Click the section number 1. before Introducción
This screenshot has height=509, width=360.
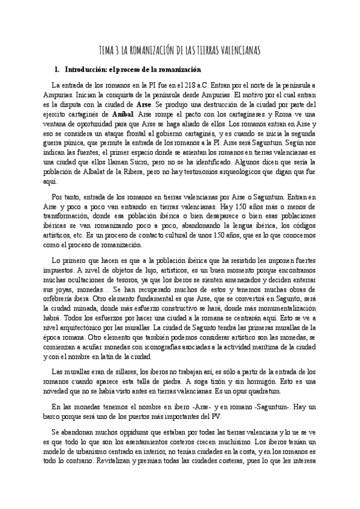point(58,70)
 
